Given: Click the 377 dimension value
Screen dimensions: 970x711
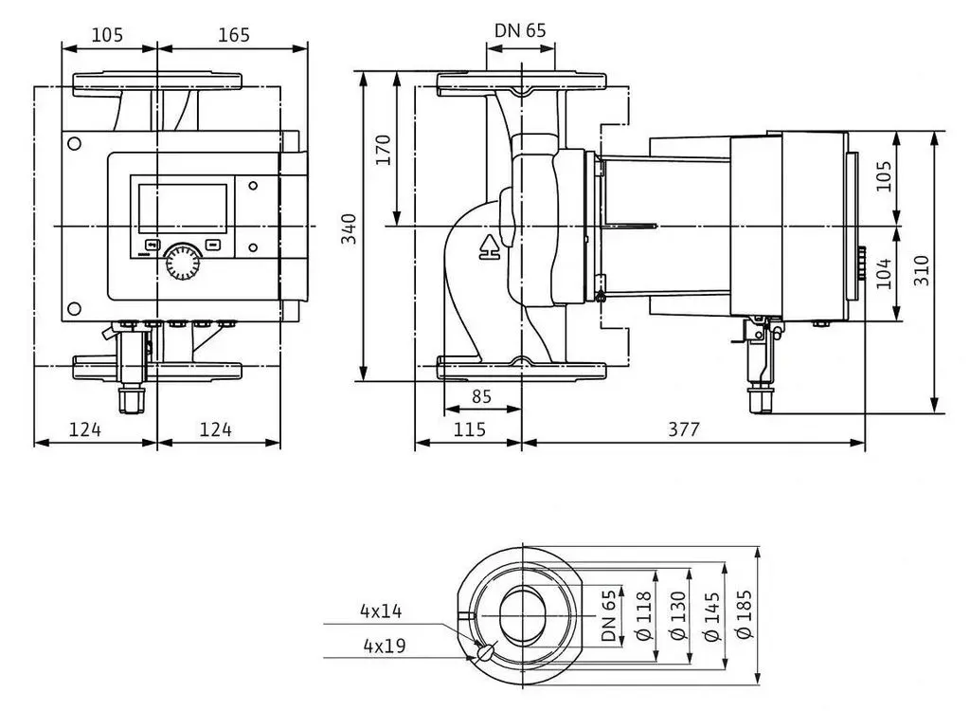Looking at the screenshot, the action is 684,429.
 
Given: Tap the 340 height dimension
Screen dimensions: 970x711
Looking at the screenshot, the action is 350,228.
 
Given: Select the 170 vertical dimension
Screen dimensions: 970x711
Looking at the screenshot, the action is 385,149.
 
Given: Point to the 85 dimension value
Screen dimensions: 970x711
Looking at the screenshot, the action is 481,396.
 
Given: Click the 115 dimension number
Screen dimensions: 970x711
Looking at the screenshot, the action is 470,429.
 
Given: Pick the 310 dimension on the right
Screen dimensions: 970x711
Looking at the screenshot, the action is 922,270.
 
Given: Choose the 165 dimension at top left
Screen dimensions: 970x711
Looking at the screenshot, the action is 234,35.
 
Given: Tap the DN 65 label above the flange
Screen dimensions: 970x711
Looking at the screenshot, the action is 520,30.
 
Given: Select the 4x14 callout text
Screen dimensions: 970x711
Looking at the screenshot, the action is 381,611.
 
